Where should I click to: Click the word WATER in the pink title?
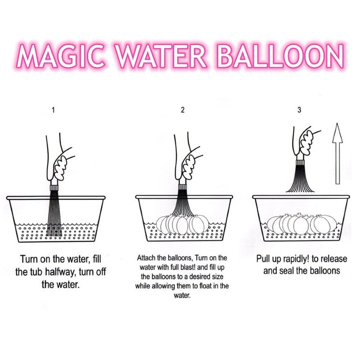(x=161, y=55)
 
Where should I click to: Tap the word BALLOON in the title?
(x=280, y=55)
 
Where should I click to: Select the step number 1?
(x=53, y=110)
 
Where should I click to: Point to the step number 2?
(x=183, y=110)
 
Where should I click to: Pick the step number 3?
(x=299, y=110)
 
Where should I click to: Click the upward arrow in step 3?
(x=337, y=153)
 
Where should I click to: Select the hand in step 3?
(x=305, y=142)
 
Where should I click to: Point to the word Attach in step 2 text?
(x=146, y=258)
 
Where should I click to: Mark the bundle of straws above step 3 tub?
(x=300, y=176)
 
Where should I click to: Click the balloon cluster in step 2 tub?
(x=183, y=223)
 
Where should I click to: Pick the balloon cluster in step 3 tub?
(x=302, y=223)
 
